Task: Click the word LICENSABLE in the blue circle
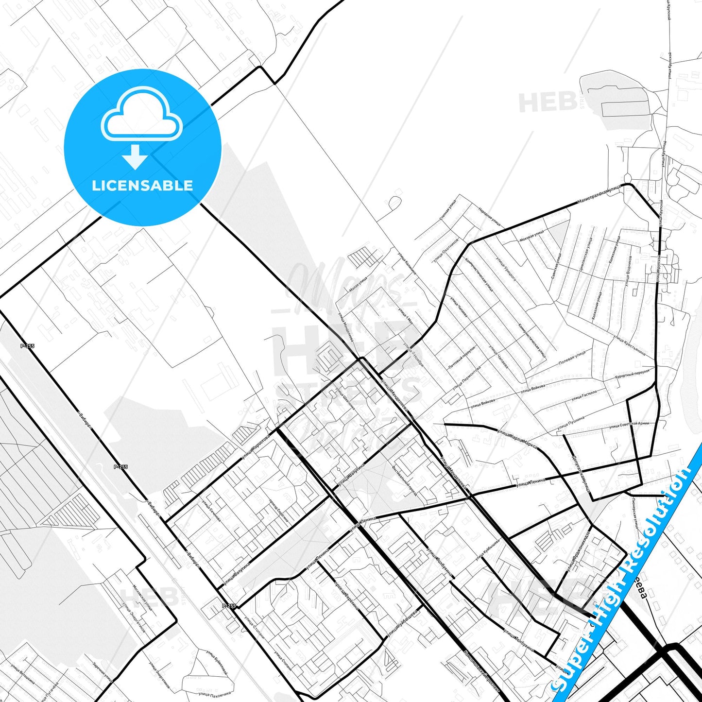point(142,186)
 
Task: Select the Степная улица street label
point(447,211)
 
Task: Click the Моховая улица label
point(532,237)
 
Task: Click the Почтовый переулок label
point(462,358)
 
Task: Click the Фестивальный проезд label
point(404,479)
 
